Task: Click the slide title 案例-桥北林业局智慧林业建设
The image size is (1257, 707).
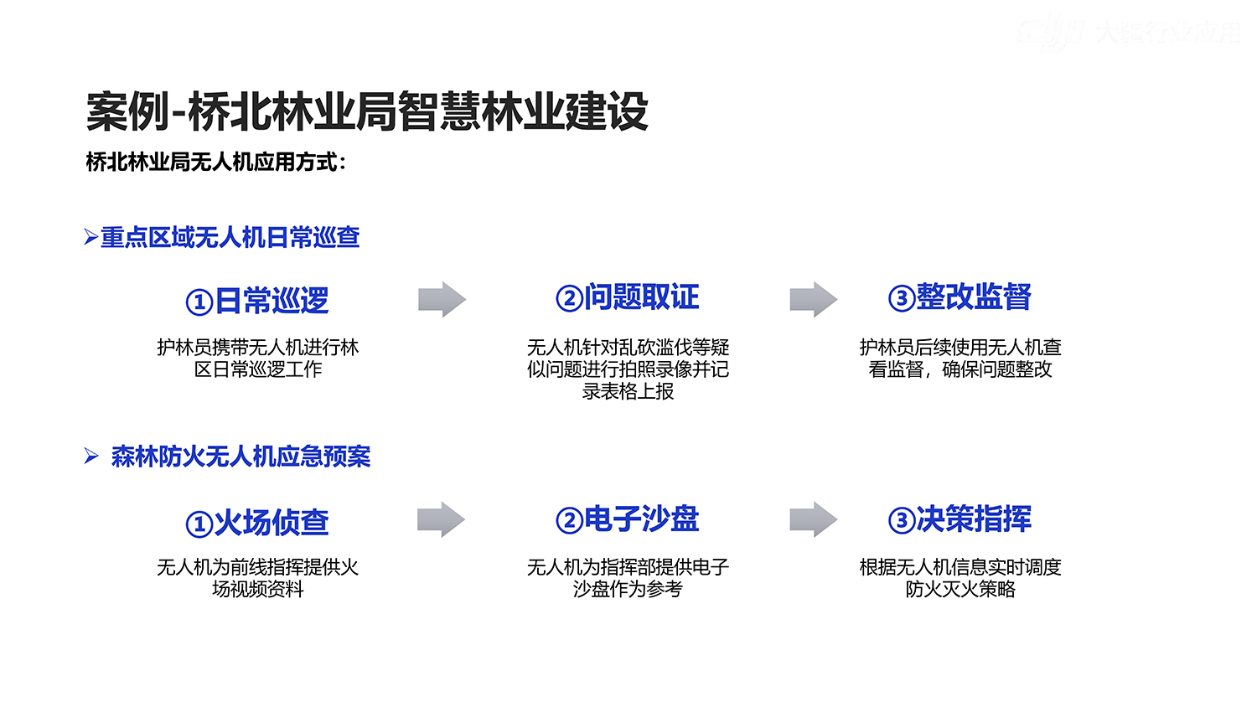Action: (x=367, y=111)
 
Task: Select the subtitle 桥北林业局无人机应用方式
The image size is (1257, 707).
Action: (x=215, y=162)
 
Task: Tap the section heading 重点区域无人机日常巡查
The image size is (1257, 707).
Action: (x=230, y=238)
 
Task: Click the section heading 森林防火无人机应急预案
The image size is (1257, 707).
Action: (x=241, y=457)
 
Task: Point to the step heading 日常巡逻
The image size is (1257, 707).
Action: (x=272, y=301)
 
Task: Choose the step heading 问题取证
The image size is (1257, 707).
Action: (x=641, y=297)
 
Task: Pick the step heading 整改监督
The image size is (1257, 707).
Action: (x=974, y=297)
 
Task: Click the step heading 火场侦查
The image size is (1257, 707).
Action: (x=272, y=523)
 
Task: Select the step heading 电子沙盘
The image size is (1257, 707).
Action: (x=641, y=519)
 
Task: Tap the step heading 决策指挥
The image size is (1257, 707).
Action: (x=974, y=519)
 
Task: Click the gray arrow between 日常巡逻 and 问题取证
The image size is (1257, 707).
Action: (x=442, y=299)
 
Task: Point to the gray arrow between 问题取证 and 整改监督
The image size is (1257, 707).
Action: (x=813, y=299)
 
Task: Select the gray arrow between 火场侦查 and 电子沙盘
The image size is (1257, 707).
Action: (x=441, y=519)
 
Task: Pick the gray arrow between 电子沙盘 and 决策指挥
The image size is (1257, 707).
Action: (x=813, y=519)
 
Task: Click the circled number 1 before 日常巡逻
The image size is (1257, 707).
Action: (x=199, y=302)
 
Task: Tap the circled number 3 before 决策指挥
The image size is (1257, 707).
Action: (x=901, y=521)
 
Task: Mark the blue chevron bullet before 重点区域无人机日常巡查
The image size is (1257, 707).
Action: (x=91, y=238)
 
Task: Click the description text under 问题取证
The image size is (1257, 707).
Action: (x=628, y=369)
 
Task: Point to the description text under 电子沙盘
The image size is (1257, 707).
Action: (x=628, y=578)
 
